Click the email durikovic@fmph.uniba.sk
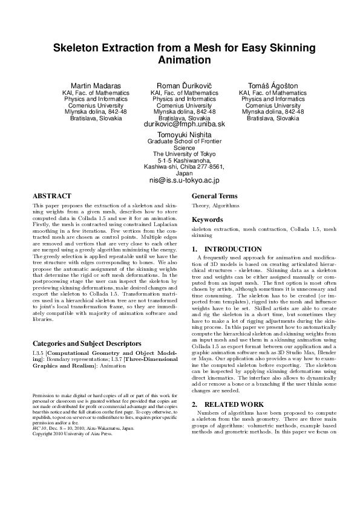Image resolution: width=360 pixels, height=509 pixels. point(184,124)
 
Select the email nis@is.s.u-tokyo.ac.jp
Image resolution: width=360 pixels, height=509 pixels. point(184,180)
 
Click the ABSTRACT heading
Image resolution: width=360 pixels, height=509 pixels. point(52,196)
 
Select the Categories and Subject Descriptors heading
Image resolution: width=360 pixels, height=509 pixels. point(87,343)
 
